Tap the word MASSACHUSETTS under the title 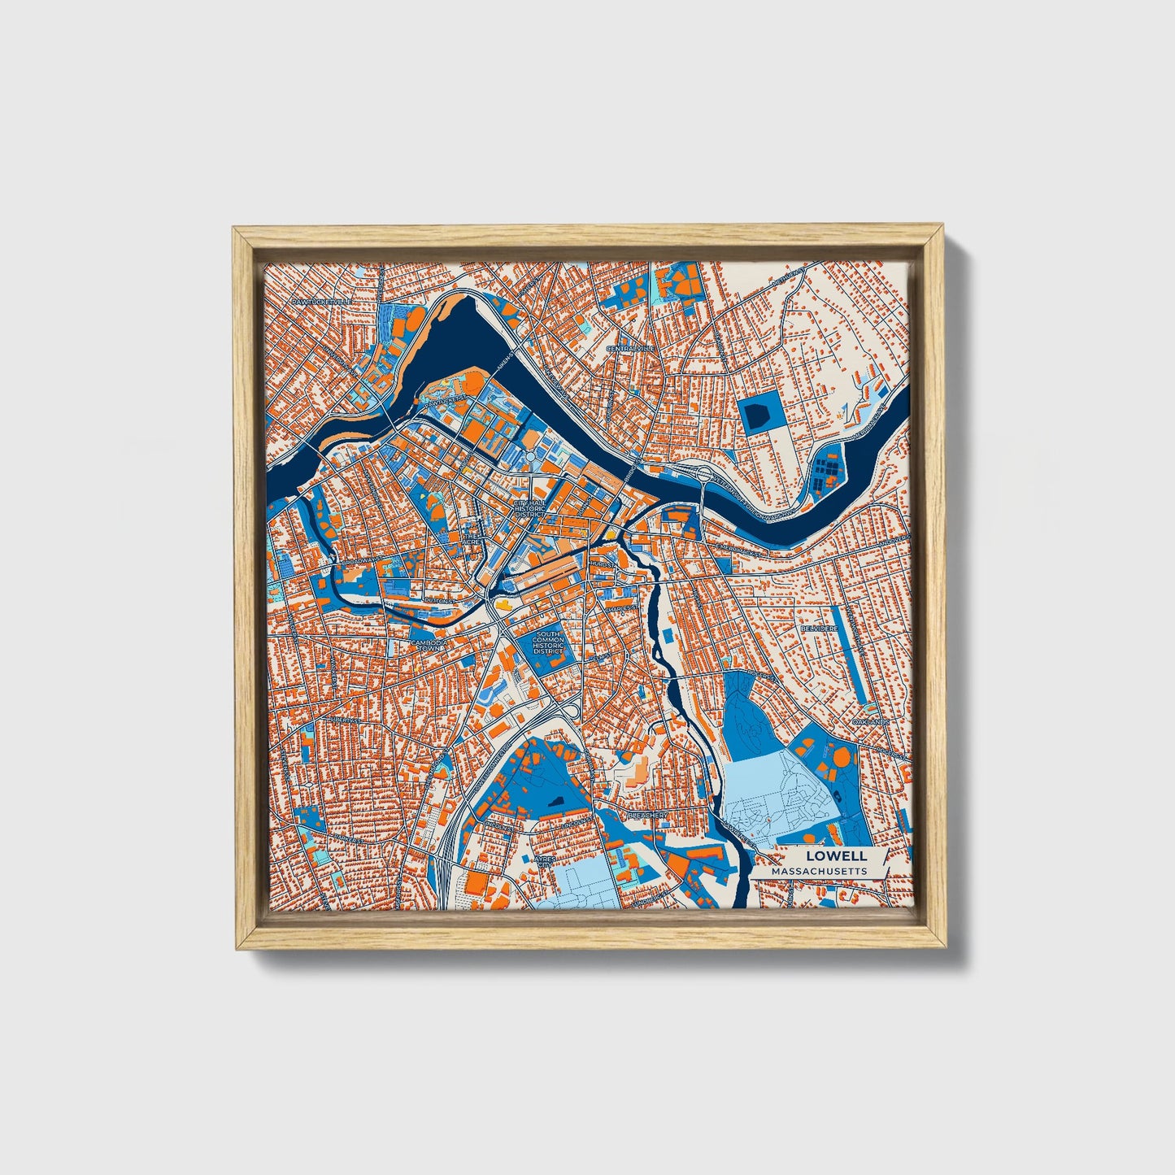[820, 871]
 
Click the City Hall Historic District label [529, 509]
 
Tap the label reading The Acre [472, 540]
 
